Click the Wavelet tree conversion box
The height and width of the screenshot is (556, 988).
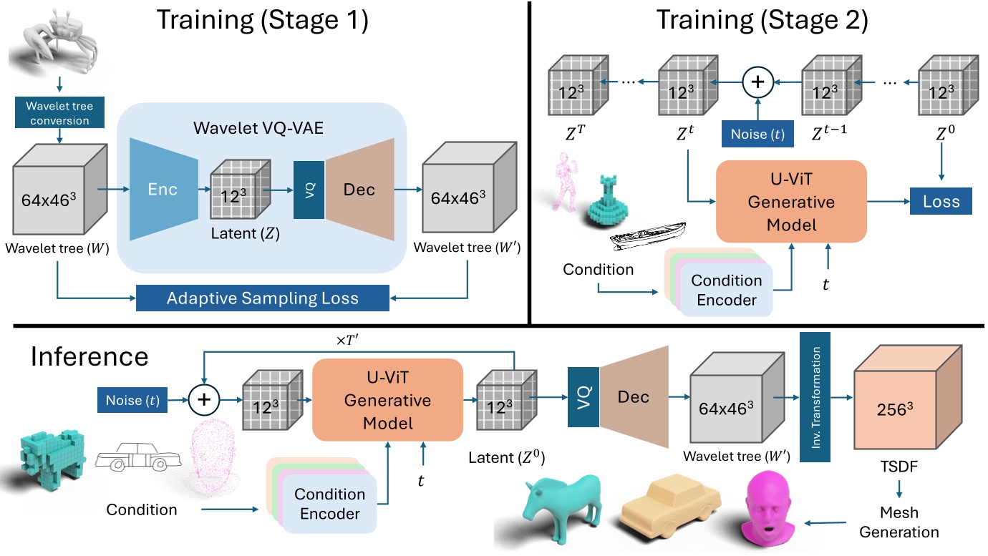click(x=60, y=114)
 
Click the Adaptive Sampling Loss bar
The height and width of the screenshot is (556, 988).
click(x=262, y=298)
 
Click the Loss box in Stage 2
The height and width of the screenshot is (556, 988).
click(x=941, y=202)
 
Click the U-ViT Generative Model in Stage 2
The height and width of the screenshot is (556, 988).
click(x=791, y=202)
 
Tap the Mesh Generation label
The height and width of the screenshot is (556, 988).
click(x=899, y=522)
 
